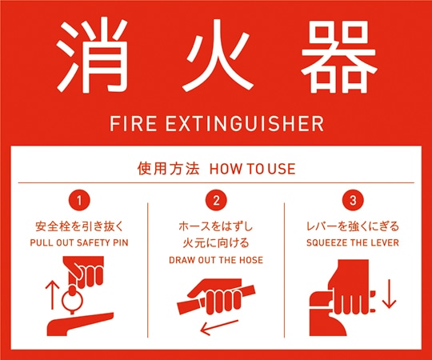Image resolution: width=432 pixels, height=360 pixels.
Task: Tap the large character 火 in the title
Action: pos(215,56)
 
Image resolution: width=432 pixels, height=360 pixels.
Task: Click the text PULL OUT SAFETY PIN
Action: pos(78,242)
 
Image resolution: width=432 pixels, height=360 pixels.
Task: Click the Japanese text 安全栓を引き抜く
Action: pos(78,226)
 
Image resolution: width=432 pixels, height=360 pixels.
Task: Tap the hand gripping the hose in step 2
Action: pos(218,298)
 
